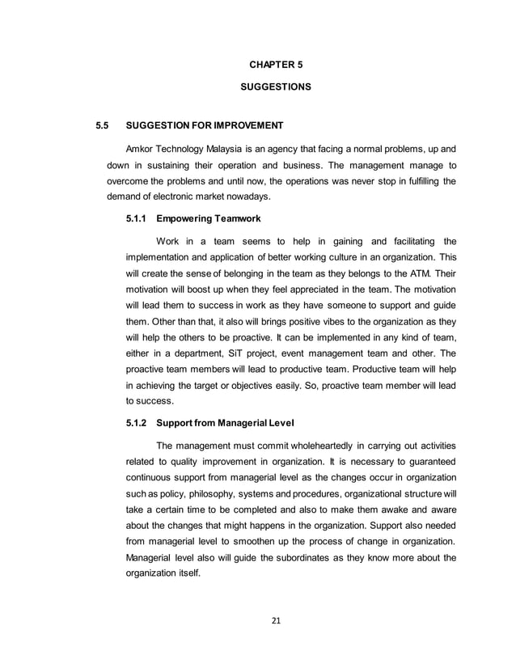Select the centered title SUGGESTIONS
click(x=276, y=85)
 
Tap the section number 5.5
click(x=101, y=126)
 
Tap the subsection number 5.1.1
click(x=137, y=218)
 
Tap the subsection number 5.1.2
click(x=137, y=422)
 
